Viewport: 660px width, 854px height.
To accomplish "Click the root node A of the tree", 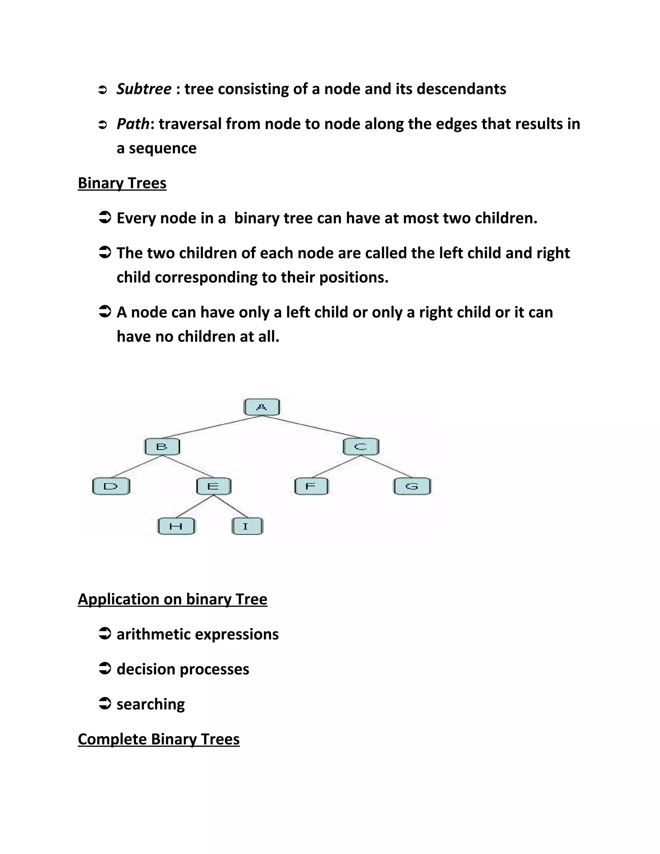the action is (261, 407).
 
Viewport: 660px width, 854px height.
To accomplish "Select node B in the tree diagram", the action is (162, 447).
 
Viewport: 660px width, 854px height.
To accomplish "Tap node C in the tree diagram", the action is (361, 447).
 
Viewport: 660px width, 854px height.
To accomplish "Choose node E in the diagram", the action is (213, 486).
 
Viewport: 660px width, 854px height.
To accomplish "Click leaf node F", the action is (311, 486).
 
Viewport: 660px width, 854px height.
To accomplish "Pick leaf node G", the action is (412, 486).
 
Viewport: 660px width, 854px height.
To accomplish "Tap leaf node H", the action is (176, 526).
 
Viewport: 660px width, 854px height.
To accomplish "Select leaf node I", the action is (247, 526).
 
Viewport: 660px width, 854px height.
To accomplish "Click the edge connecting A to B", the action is (211, 427).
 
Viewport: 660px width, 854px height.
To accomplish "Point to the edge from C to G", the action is (386, 467).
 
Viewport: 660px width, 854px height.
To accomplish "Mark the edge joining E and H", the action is (195, 506).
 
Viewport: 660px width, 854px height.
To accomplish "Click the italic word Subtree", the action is (144, 89).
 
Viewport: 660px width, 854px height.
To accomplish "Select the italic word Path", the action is (133, 124).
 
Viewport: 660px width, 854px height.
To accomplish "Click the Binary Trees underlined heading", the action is (122, 183).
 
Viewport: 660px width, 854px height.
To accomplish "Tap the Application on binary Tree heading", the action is (172, 599).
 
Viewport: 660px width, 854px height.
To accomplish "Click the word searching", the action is (150, 704).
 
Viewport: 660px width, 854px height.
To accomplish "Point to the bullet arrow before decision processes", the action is (105, 669).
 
